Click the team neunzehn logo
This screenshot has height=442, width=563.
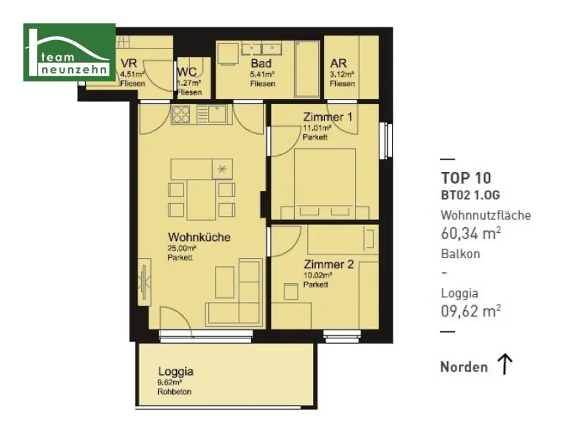pyautogui.click(x=69, y=52)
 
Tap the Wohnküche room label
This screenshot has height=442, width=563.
pyautogui.click(x=198, y=237)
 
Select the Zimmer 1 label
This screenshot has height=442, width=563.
pyautogui.click(x=328, y=117)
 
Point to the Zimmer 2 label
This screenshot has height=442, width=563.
pyautogui.click(x=328, y=264)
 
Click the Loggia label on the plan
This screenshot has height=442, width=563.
pyautogui.click(x=175, y=371)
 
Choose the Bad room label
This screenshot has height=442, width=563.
pyautogui.click(x=261, y=63)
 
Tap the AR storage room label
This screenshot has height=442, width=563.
pyautogui.click(x=339, y=63)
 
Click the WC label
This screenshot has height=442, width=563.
pyautogui.click(x=187, y=71)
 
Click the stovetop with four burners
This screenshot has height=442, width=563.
pyautogui.click(x=181, y=114)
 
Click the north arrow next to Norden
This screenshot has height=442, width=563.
pyautogui.click(x=505, y=364)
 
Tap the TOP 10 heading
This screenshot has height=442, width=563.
pyautogui.click(x=466, y=178)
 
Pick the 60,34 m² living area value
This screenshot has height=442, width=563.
pyautogui.click(x=471, y=233)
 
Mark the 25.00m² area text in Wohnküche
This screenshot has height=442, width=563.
pyautogui.click(x=181, y=248)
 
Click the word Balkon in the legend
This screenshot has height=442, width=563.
pyautogui.click(x=460, y=254)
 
